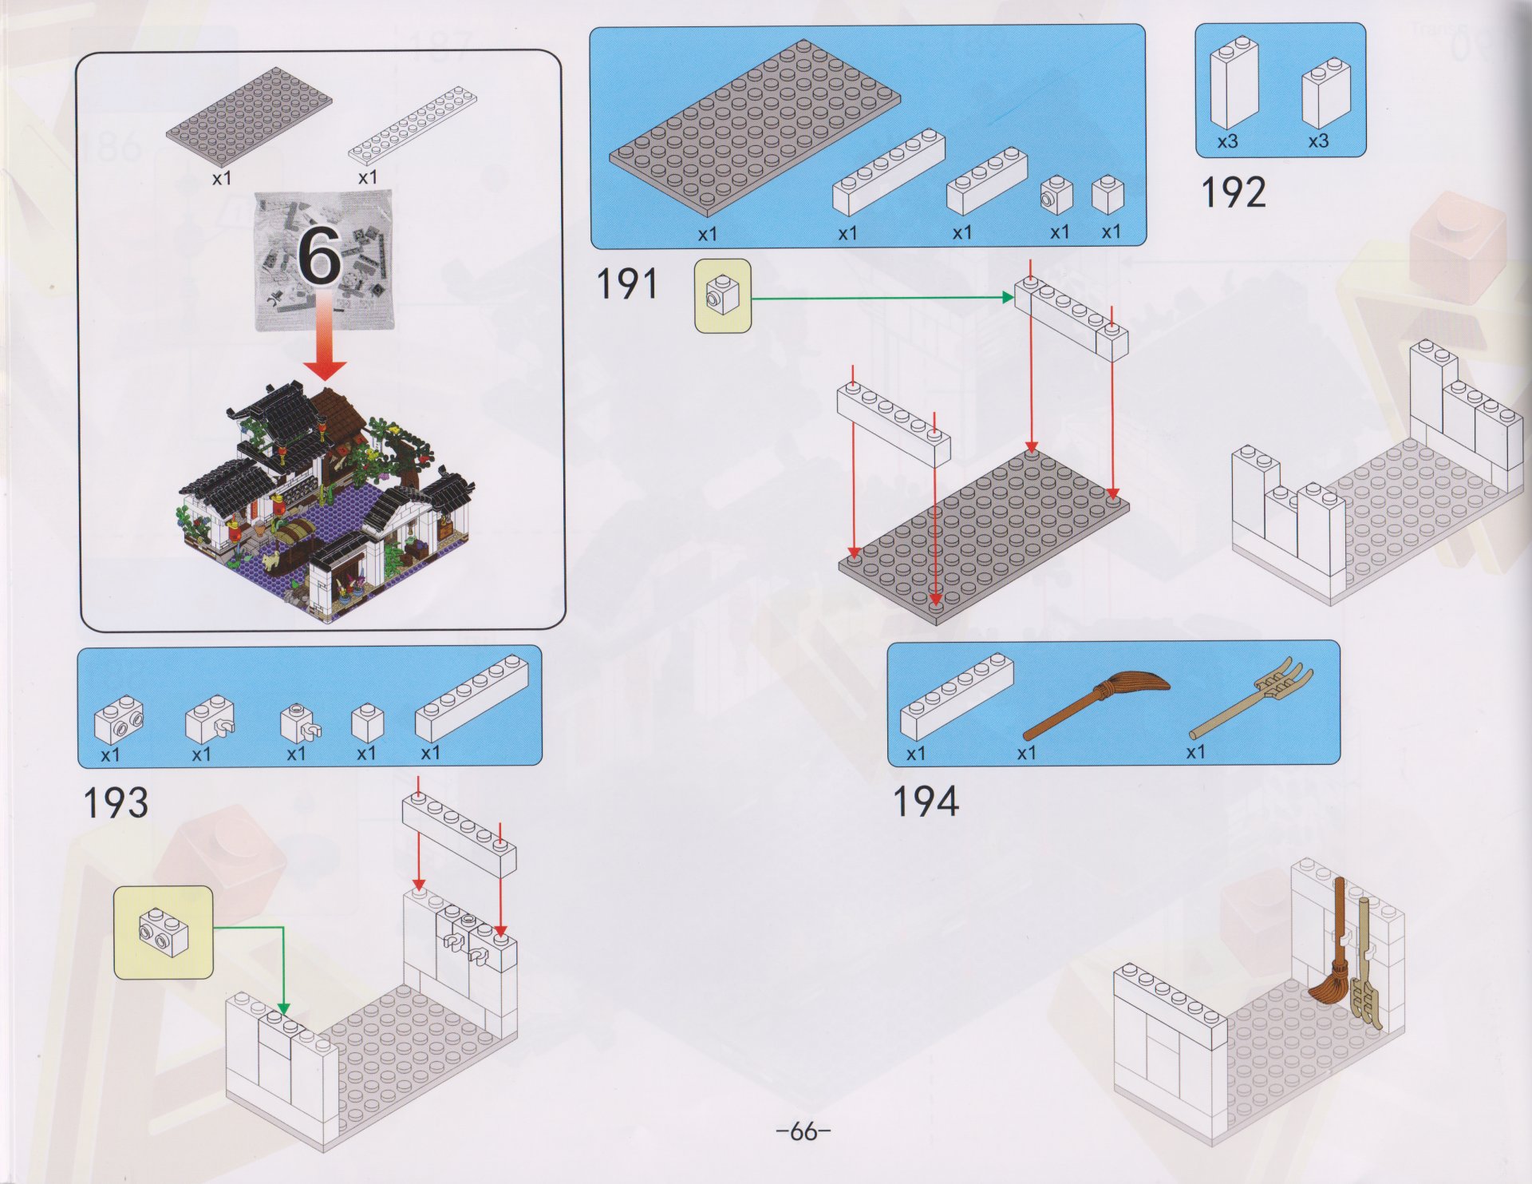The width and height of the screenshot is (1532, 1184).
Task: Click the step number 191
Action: click(627, 284)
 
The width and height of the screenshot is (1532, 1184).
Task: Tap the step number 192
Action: click(1233, 193)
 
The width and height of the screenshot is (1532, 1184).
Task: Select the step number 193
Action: click(116, 802)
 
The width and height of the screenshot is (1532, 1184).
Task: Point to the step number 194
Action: click(925, 802)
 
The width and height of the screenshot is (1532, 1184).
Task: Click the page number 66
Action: click(804, 1131)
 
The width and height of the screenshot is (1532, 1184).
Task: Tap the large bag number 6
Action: click(321, 257)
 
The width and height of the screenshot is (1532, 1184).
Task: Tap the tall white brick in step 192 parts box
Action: click(1234, 83)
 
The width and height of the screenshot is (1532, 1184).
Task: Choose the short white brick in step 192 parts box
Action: click(1325, 94)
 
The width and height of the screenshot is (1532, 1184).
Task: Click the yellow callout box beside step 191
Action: click(722, 295)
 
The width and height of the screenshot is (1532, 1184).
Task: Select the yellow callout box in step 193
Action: click(164, 933)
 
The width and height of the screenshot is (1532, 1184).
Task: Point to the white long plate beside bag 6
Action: click(413, 127)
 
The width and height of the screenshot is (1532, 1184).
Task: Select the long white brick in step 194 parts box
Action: click(956, 696)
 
